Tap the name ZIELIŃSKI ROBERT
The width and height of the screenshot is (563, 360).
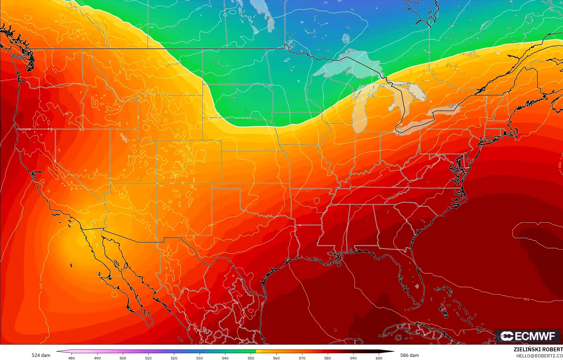538,349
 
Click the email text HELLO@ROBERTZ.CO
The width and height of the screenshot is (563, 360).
539,356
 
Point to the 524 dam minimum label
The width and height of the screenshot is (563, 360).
41,355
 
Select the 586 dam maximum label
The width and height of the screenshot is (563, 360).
409,355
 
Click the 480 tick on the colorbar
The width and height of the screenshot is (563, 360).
72,358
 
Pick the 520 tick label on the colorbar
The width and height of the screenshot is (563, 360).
174,358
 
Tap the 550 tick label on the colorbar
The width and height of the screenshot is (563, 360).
251,358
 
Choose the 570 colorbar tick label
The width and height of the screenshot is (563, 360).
302,358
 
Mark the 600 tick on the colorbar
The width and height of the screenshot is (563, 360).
379,358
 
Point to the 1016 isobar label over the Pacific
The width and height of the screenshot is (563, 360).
41,286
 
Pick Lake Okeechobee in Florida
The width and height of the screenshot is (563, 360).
417,286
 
